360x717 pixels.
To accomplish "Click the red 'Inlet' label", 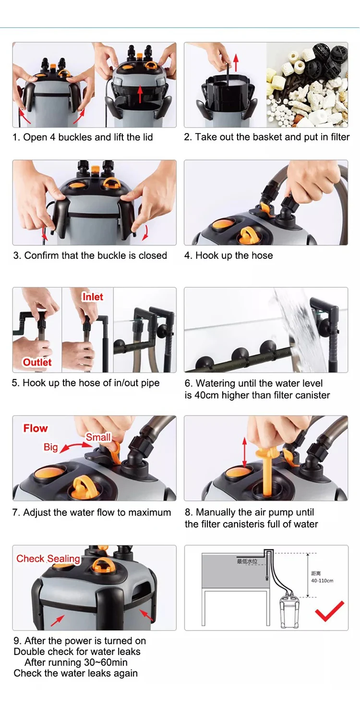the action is [93, 297].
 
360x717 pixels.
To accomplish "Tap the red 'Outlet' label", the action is [37, 362].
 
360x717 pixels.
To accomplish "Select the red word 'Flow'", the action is [36, 428].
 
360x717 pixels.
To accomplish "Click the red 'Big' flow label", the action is [50, 447].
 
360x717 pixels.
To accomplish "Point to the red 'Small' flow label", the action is [98, 437].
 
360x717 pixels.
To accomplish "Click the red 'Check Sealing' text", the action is [48, 559].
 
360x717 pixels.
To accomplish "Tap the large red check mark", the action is [329, 611].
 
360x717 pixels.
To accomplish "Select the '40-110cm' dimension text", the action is [322, 581].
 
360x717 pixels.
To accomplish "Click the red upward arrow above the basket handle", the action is [236, 62].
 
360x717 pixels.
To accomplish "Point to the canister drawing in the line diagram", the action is [289, 611].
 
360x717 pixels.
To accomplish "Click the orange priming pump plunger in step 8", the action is [266, 469].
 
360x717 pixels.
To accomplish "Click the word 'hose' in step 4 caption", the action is [262, 255].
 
